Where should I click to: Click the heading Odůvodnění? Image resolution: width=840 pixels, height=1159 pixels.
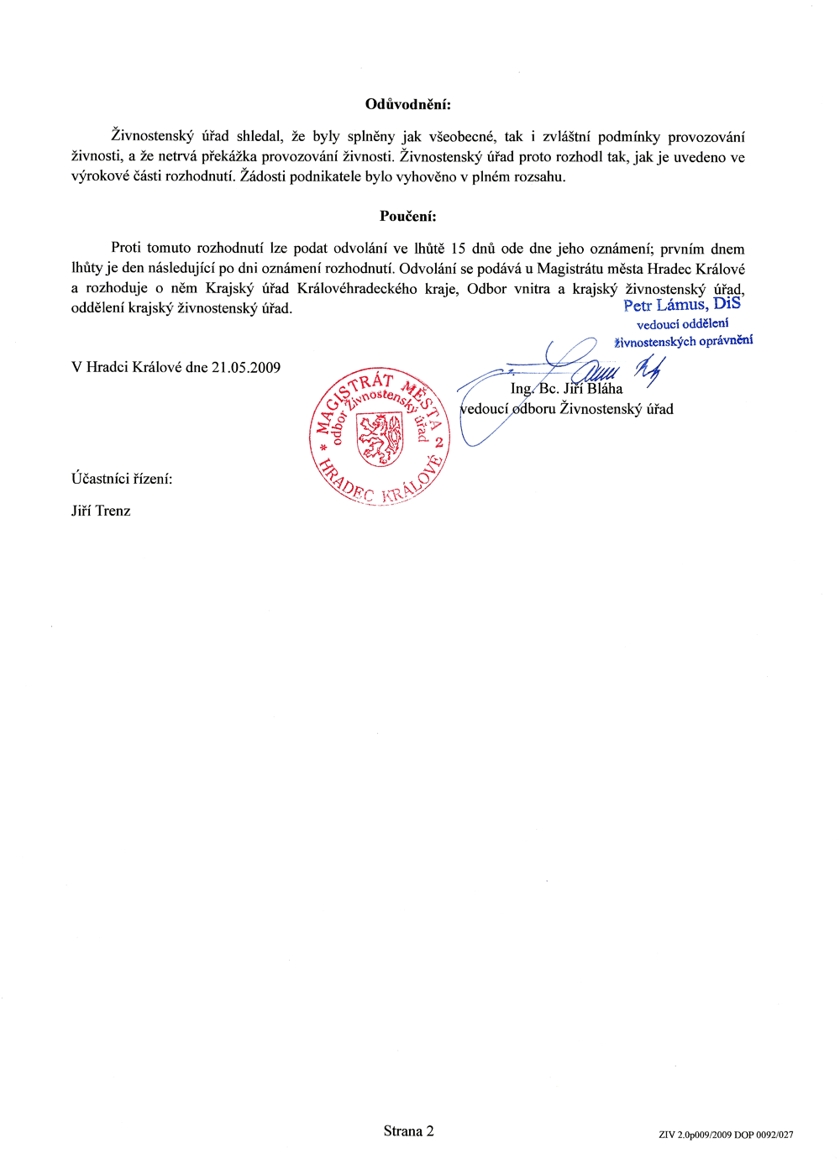(407, 104)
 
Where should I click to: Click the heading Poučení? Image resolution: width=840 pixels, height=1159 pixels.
(407, 216)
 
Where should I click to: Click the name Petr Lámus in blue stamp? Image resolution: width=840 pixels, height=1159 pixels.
(664, 305)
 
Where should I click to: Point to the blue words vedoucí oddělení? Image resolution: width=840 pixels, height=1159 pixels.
(682, 323)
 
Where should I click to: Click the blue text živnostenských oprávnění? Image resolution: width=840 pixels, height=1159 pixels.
(683, 341)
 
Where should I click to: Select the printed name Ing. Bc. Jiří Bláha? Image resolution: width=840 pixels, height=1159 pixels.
(566, 389)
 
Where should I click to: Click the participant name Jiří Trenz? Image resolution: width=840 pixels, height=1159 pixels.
(101, 511)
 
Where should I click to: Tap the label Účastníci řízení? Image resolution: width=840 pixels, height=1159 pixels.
(122, 479)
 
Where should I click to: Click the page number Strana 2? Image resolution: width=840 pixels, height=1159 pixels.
(408, 1130)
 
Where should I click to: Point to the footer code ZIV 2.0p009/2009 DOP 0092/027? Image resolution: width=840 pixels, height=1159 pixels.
(726, 1135)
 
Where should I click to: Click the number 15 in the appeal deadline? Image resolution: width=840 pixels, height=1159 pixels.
(458, 249)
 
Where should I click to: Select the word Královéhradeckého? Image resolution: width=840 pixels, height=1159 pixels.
(357, 288)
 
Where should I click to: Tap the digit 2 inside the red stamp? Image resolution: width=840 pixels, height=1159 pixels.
(438, 442)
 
